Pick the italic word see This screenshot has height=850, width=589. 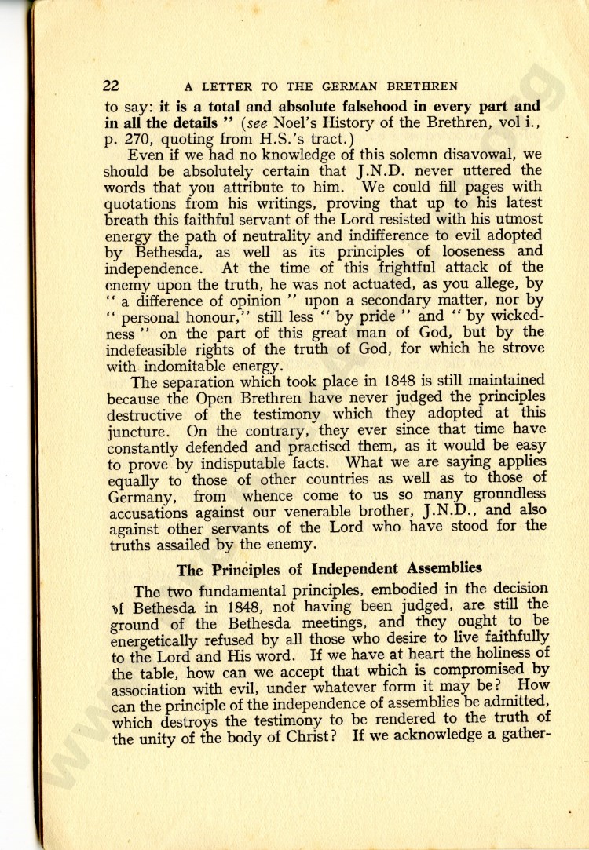coord(278,122)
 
